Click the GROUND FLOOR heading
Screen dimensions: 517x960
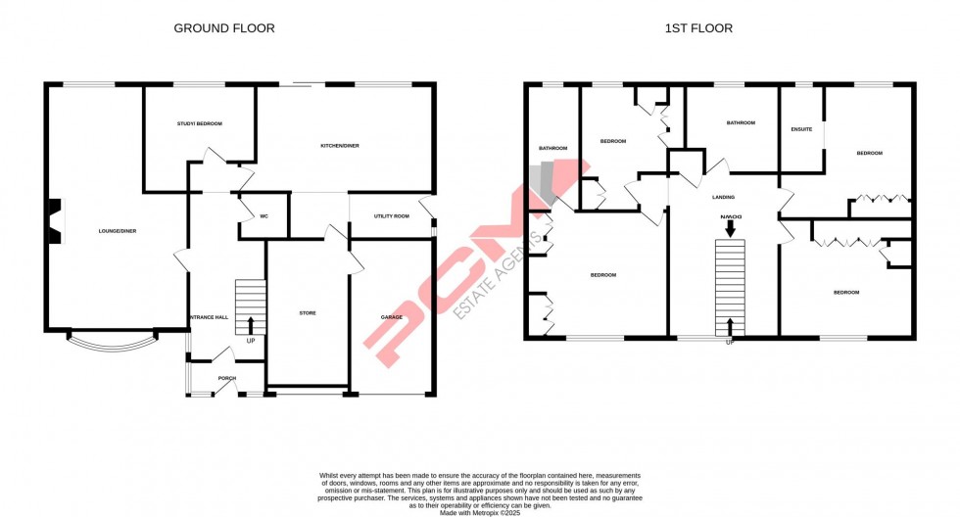(224, 28)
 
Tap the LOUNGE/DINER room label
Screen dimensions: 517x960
(117, 231)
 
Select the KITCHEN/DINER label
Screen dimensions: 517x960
(340, 146)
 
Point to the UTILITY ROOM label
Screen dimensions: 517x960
(391, 215)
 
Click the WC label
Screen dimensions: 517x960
(264, 215)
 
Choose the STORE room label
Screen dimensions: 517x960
(307, 313)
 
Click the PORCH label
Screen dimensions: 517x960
(226, 378)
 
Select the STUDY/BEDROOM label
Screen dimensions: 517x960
(200, 123)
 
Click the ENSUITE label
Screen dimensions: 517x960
(801, 129)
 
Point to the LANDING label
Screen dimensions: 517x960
(723, 197)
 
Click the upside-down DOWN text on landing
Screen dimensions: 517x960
(730, 217)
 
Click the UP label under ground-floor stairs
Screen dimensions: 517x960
(251, 340)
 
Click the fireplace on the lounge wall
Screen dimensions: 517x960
(55, 219)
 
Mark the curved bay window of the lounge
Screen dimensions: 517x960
(111, 342)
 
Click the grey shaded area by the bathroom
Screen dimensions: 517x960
(541, 184)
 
